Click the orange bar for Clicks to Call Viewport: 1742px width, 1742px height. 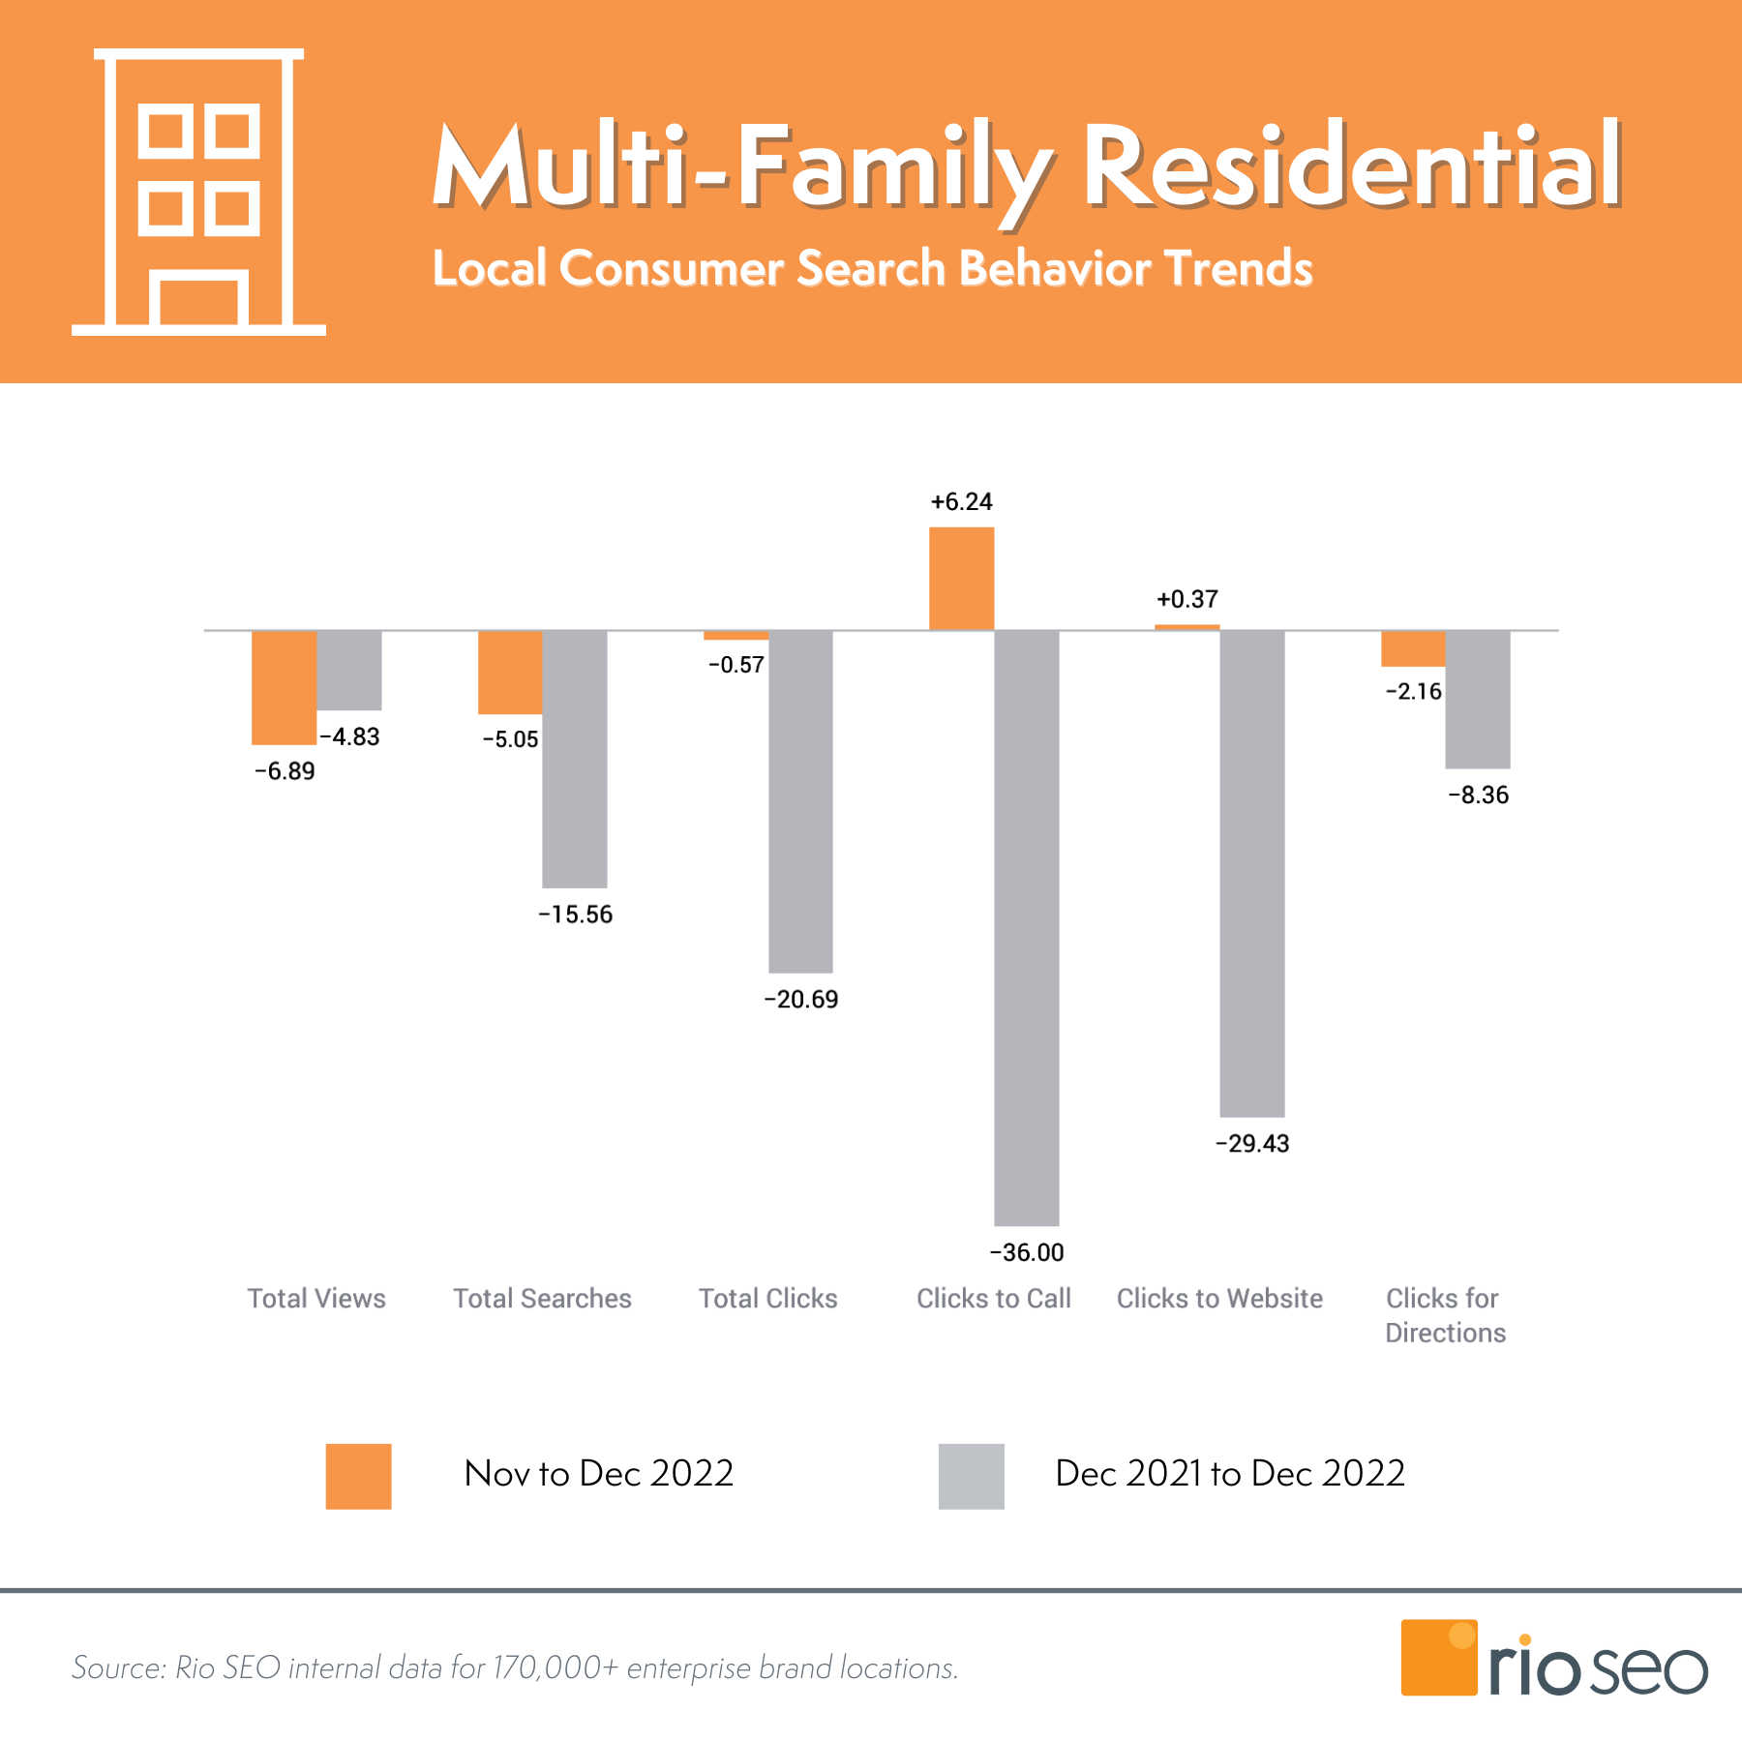961,579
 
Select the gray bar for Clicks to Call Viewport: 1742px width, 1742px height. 1026,927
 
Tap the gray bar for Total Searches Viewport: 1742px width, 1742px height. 574,759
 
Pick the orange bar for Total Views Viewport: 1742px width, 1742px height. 284,687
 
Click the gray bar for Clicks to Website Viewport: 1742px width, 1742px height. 1251,873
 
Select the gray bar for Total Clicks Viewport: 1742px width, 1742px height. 800,801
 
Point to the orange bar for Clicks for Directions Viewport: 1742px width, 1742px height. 1412,648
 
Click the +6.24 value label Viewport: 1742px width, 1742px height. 961,502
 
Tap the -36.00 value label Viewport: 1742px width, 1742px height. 1026,1252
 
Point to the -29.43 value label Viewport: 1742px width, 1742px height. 1251,1143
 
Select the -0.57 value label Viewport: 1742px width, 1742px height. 736,665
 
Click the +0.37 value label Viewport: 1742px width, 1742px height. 1186,599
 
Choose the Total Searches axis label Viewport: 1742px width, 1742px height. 542,1298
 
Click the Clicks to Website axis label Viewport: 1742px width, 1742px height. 1219,1298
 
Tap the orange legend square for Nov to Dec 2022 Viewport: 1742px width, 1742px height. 358,1476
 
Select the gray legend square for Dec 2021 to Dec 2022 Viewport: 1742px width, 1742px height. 971,1476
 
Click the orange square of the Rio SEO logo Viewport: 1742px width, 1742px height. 1438,1657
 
